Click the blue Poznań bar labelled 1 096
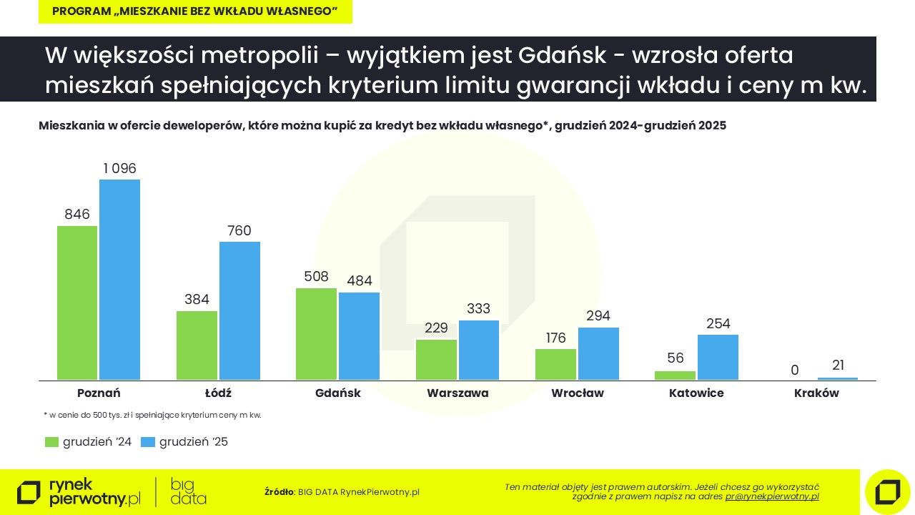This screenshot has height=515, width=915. pyautogui.click(x=119, y=279)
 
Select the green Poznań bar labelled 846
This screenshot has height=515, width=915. pyautogui.click(x=77, y=303)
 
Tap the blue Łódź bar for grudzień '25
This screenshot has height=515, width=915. pyautogui.click(x=239, y=310)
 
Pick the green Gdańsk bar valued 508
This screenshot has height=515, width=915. pyautogui.click(x=316, y=333)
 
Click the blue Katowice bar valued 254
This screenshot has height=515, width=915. pyautogui.click(x=718, y=357)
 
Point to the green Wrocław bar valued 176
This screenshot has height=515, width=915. pyautogui.click(x=555, y=364)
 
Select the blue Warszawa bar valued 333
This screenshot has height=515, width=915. pyautogui.click(x=479, y=350)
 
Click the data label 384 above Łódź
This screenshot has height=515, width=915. pyautogui.click(x=197, y=300)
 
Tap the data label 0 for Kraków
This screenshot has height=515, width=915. pyautogui.click(x=795, y=370)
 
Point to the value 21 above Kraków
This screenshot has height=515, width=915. pyautogui.click(x=837, y=366)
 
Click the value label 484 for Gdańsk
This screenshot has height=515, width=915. pyautogui.click(x=359, y=281)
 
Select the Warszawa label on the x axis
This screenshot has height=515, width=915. pyautogui.click(x=457, y=393)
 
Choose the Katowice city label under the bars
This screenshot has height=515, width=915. pyautogui.click(x=696, y=393)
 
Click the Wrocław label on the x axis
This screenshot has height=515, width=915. pyautogui.click(x=578, y=393)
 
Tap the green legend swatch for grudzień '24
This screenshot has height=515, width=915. pyautogui.click(x=51, y=442)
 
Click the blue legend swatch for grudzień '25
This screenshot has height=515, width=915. pyautogui.click(x=147, y=442)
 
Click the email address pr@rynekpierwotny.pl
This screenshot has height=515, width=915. pyautogui.click(x=772, y=496)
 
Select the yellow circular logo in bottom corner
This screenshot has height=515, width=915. pyautogui.click(x=887, y=492)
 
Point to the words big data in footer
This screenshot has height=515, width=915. pyautogui.click(x=189, y=491)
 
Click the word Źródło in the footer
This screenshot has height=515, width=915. pyautogui.click(x=279, y=492)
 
